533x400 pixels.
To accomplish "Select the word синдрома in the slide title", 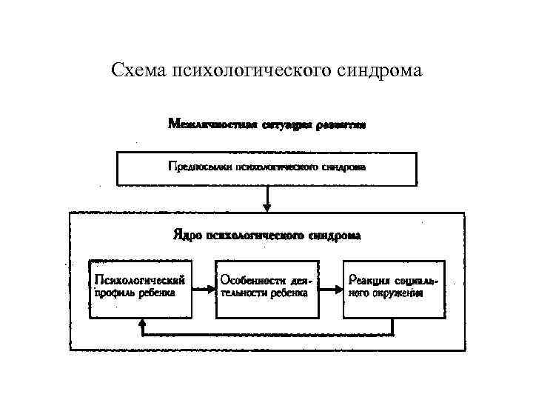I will coord(383,71).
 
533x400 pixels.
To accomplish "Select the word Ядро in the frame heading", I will coord(187,236).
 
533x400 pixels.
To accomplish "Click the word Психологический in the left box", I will coord(138,279).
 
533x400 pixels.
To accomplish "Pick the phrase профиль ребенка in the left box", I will coord(133,293).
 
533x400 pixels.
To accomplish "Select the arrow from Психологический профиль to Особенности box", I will coord(203,289).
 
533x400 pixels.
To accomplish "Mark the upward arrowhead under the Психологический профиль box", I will coord(141,323).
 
